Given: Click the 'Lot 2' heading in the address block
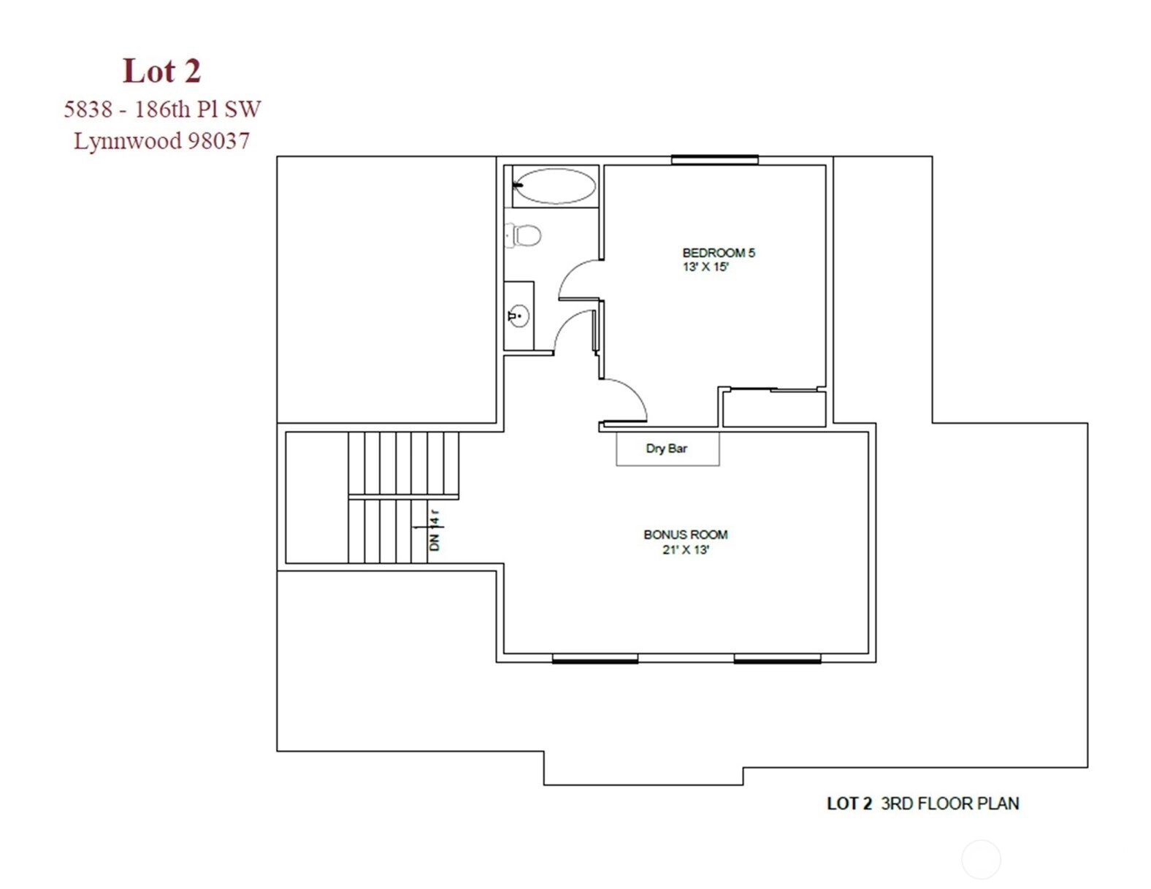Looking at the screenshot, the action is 162,71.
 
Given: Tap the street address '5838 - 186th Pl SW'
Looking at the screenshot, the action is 162,109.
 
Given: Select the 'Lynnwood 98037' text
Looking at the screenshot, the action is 161,141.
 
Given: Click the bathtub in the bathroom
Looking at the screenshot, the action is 554,186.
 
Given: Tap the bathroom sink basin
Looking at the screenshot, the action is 519,316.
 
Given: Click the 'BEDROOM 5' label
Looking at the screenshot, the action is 718,253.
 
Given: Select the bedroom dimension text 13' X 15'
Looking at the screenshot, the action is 705,267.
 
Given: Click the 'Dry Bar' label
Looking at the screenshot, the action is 666,449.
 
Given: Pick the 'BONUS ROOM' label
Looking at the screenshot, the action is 685,535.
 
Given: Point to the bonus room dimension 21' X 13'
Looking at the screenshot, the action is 685,550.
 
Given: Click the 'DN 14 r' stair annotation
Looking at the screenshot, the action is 435,530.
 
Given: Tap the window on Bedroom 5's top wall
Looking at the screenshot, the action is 714,159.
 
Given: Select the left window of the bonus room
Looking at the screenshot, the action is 594,659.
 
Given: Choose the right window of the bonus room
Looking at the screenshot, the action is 777,659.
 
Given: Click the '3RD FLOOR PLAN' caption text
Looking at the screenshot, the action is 949,804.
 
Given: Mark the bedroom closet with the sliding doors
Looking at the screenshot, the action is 774,408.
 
